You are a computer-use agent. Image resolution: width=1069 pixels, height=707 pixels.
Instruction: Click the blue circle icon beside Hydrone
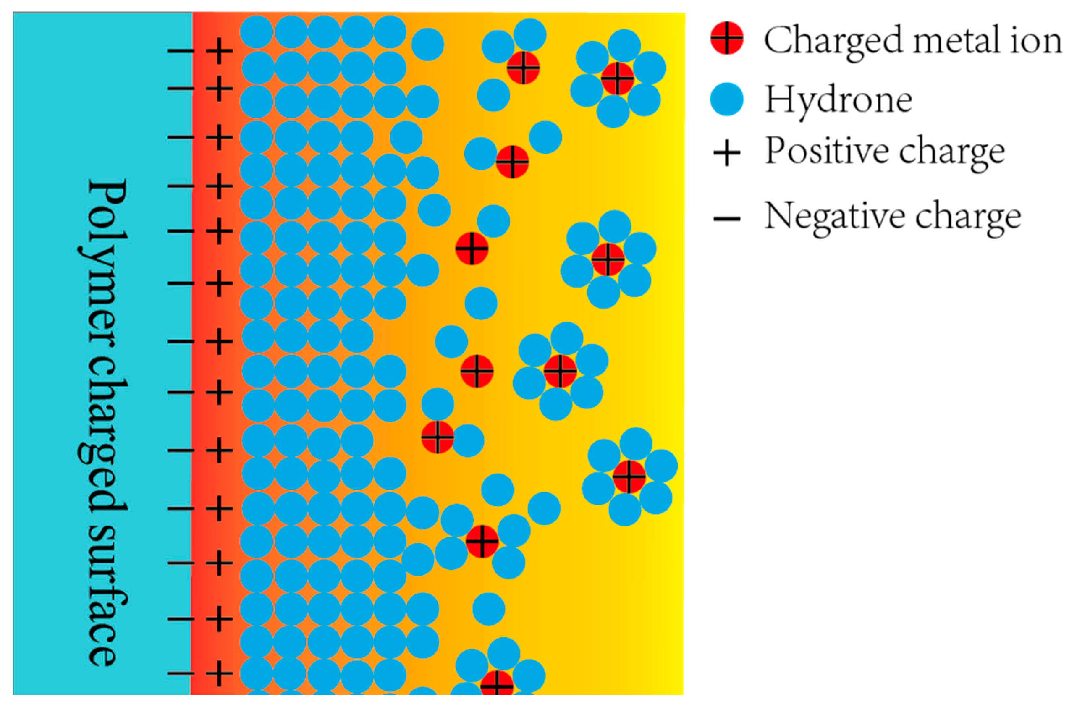[726, 100]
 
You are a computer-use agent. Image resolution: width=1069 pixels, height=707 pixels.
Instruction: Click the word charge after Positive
[951, 153]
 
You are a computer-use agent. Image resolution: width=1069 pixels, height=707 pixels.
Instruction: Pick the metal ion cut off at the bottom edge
[496, 697]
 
